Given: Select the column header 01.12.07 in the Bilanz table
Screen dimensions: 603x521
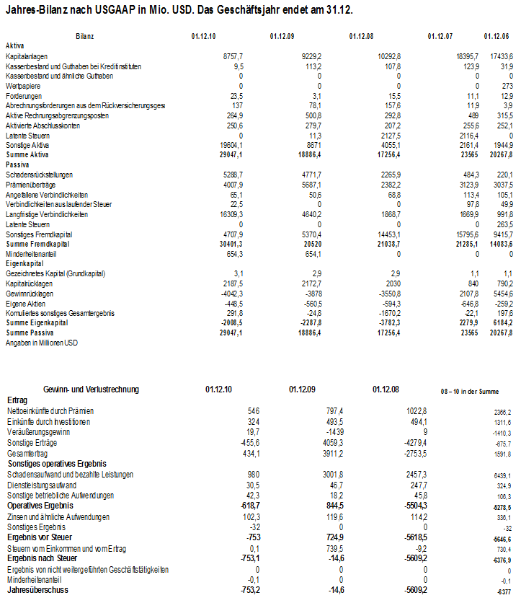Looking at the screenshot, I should click(x=440, y=36).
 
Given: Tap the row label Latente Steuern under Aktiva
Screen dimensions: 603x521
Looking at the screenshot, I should click(x=24, y=136).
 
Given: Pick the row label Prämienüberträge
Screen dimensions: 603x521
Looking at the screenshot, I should click(x=29, y=185).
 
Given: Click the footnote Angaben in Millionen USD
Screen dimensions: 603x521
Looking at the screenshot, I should click(x=41, y=343).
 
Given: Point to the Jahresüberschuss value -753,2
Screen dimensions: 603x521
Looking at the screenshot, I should click(x=246, y=591).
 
